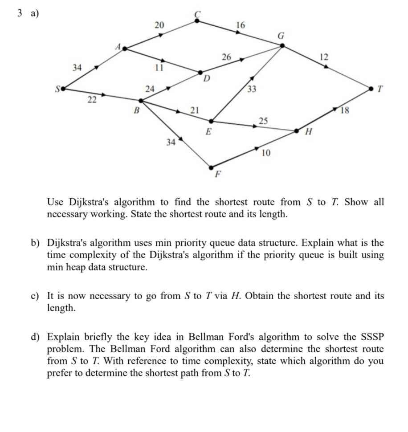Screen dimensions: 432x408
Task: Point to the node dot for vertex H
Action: [297, 131]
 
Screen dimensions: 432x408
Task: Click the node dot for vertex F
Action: [212, 167]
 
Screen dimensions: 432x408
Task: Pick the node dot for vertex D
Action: [200, 72]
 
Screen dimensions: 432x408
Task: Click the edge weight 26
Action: [226, 57]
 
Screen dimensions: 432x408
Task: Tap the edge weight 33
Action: [252, 90]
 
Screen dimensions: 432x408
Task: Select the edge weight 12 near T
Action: [324, 57]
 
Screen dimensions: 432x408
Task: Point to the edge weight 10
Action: [266, 154]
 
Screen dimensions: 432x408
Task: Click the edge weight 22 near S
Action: [92, 100]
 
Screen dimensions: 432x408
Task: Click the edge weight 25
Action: [263, 120]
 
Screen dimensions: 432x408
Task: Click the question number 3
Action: [19, 13]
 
